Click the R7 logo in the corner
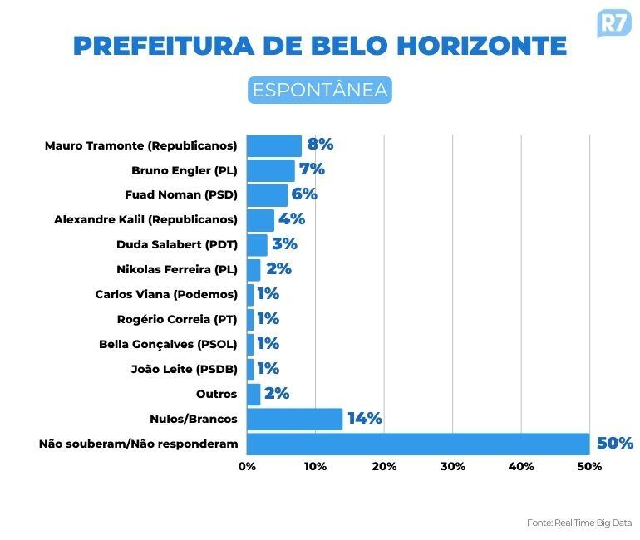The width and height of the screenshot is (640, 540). tap(613, 22)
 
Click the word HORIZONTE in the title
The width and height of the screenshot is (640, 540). tap(480, 45)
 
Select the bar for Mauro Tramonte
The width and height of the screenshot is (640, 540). tap(274, 145)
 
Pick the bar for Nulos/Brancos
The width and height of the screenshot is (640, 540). tap(294, 419)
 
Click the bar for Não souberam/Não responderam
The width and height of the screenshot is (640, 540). tap(418, 444)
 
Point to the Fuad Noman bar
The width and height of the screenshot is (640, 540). tap(267, 195)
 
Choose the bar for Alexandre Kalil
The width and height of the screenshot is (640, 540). tap(260, 220)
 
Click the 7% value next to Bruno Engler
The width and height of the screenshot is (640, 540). tap(312, 169)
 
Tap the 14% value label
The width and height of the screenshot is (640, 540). tap(365, 419)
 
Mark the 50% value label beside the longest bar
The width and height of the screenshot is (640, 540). tap(615, 444)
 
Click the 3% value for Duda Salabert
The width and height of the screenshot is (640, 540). tap(284, 244)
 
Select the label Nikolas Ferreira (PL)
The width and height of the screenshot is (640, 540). tap(177, 269)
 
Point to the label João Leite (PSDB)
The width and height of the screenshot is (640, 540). tap(184, 369)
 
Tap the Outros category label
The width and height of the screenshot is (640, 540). tap(216, 394)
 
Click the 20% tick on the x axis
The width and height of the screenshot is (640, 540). tap(384, 467)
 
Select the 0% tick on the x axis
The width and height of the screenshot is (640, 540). tap(247, 467)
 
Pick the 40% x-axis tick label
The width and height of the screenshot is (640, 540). tap(521, 467)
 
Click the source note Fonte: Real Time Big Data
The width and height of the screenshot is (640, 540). tap(579, 523)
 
